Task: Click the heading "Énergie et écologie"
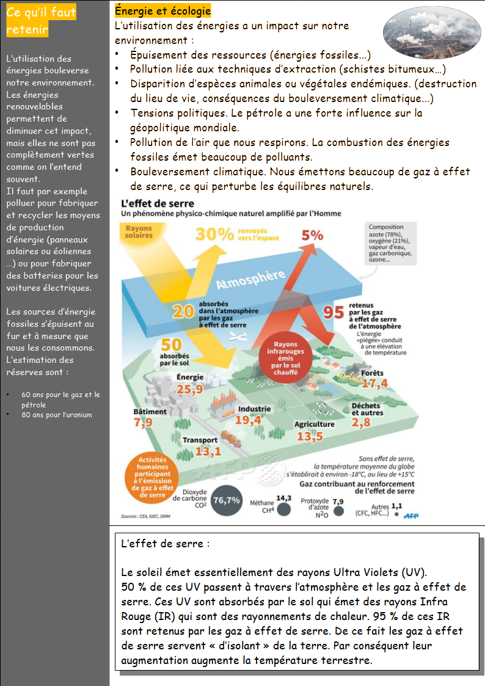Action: (162, 12)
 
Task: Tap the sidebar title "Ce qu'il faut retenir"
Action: (42, 21)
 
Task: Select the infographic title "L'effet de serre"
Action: (158, 203)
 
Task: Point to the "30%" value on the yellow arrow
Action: (214, 234)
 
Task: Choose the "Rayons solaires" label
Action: (139, 232)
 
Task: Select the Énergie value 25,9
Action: (189, 389)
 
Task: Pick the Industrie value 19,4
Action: (248, 420)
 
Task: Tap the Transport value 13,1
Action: (208, 451)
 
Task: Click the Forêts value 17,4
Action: (374, 384)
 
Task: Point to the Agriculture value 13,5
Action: (310, 436)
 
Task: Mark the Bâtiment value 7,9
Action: (143, 422)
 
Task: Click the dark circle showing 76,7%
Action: (226, 500)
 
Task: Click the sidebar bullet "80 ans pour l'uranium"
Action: (57, 415)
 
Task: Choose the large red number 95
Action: (334, 312)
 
